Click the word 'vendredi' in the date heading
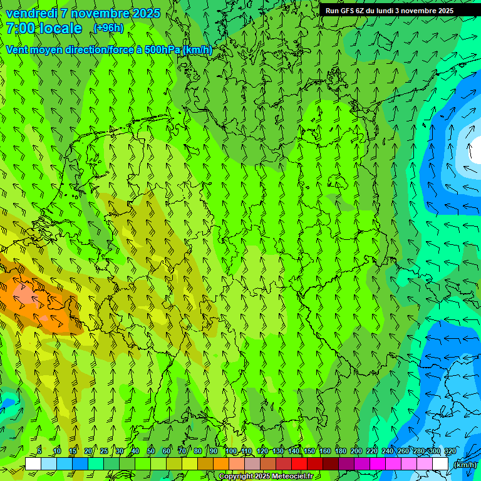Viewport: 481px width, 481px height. click(x=31, y=13)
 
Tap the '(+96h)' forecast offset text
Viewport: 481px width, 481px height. click(x=108, y=28)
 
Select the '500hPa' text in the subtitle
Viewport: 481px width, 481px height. click(x=161, y=49)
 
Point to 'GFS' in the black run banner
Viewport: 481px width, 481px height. click(x=349, y=11)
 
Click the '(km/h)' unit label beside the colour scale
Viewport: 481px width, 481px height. click(x=464, y=465)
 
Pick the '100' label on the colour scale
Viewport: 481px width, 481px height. click(x=231, y=452)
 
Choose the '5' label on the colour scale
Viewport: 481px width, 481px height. click(x=39, y=452)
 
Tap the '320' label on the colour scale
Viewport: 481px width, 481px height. click(x=450, y=452)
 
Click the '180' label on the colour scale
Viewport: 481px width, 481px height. click(x=341, y=452)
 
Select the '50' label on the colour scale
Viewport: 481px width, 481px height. click(x=150, y=452)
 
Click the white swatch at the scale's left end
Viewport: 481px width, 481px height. click(x=33, y=464)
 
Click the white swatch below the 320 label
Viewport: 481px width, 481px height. click(x=440, y=464)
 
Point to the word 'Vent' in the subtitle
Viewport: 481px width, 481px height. click(x=17, y=49)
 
